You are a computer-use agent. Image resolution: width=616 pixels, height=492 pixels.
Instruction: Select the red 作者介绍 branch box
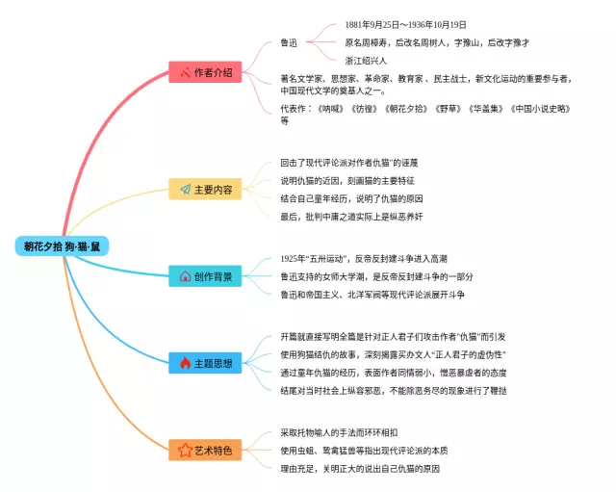click(x=205, y=72)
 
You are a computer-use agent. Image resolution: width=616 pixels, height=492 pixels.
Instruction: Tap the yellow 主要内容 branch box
click(x=205, y=190)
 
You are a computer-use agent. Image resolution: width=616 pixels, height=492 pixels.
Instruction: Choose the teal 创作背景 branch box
click(x=205, y=276)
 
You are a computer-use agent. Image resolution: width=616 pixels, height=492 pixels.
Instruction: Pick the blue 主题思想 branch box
click(x=205, y=363)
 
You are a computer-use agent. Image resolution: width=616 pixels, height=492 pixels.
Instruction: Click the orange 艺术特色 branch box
click(x=205, y=450)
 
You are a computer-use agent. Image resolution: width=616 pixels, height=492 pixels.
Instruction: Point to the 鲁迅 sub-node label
click(x=289, y=42)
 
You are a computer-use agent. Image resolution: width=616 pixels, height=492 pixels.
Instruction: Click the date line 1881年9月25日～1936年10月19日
click(x=405, y=24)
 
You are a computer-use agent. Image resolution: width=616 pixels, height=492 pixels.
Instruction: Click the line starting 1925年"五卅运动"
click(x=363, y=259)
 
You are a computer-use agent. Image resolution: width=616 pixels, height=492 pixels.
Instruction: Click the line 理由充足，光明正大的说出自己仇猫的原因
click(x=360, y=468)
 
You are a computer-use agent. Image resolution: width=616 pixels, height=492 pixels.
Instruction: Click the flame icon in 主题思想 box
click(x=185, y=363)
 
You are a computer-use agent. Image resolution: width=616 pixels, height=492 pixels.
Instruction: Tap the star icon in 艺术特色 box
click(x=185, y=450)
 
